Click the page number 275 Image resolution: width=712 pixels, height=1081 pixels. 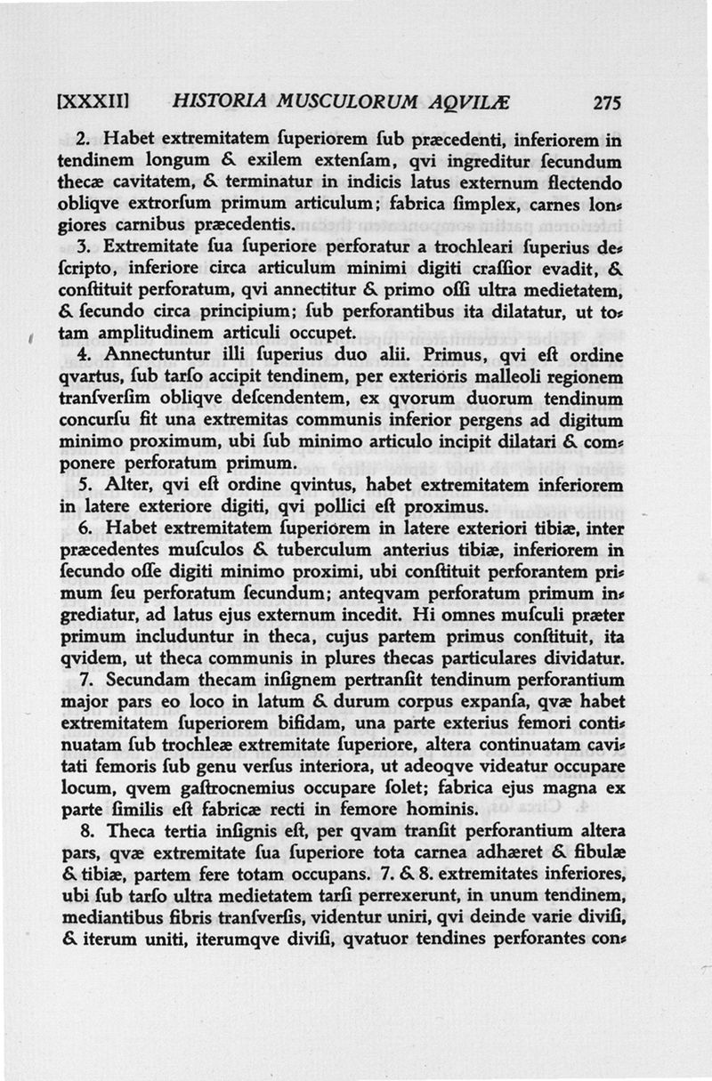[x=607, y=102]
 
